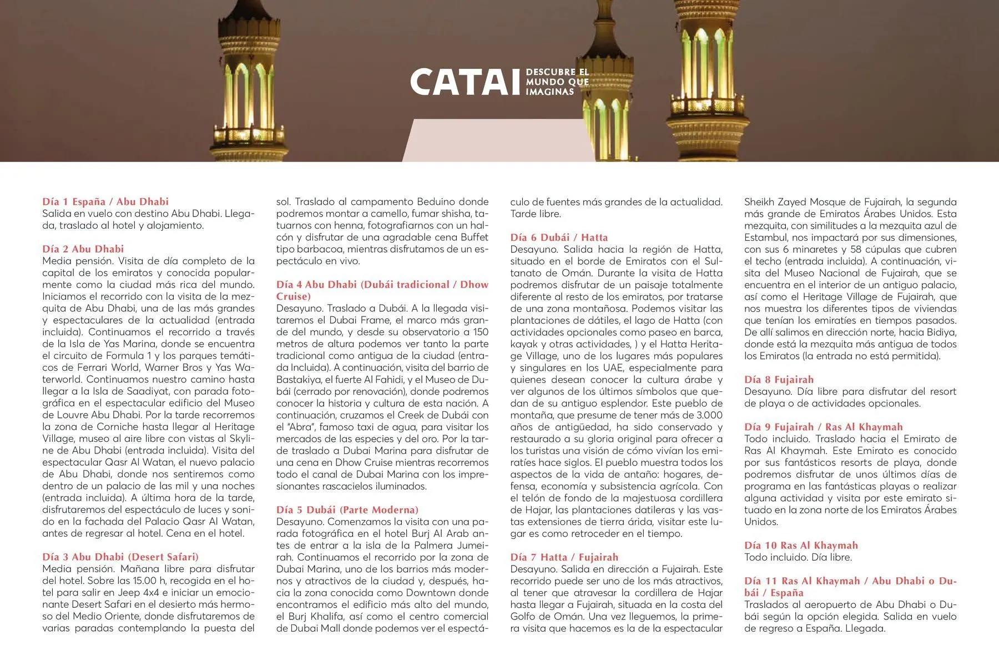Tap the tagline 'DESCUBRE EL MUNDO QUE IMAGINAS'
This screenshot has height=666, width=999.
pos(557,82)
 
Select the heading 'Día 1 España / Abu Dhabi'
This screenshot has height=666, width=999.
pos(105,202)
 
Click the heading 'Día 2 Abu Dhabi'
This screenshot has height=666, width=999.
pos(83,249)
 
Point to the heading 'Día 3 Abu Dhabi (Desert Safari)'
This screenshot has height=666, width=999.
pos(120,557)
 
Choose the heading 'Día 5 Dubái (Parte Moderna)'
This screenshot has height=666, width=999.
pos(347,510)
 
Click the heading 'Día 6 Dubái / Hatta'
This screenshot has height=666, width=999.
pos(559,238)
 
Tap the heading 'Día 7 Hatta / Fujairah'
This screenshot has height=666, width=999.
pos(564,557)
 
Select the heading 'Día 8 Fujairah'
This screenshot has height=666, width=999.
pos(779,380)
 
